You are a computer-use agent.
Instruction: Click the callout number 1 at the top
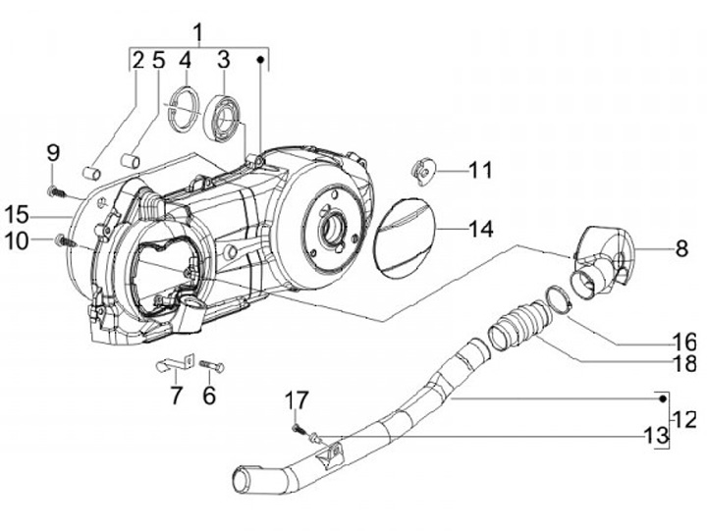point(198,32)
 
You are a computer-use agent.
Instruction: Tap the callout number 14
point(480,229)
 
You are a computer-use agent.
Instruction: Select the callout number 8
point(681,248)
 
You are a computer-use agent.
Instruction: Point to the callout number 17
point(297,399)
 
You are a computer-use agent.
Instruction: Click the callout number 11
point(480,171)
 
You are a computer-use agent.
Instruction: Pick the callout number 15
point(17,215)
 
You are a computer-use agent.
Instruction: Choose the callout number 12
point(685,420)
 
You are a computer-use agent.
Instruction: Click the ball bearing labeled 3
point(222,117)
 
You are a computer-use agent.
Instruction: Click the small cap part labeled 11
point(423,171)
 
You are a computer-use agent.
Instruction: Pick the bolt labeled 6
point(211,365)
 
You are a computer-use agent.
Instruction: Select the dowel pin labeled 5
point(131,160)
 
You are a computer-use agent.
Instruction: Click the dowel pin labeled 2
point(91,173)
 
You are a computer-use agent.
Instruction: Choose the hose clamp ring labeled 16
point(558,298)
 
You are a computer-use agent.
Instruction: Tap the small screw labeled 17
point(298,428)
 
